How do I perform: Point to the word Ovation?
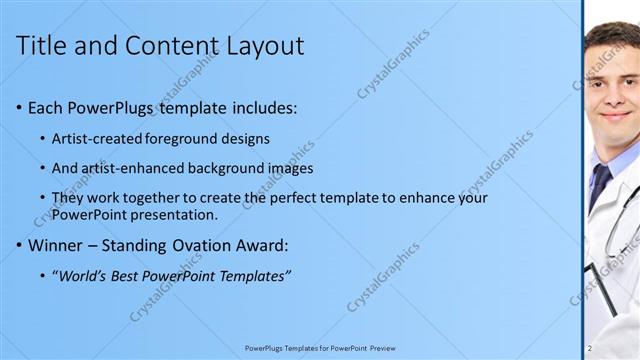pos(212,244)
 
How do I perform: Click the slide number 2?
pos(590,348)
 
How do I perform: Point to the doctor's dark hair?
pos(612,35)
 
